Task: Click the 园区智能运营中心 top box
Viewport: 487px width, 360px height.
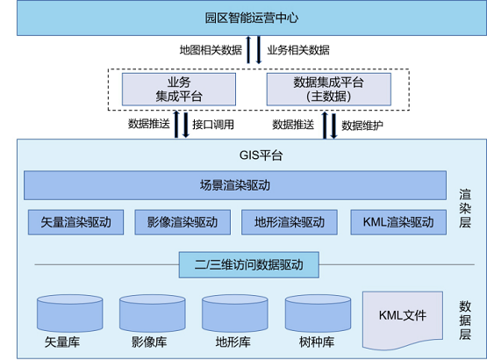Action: (243, 18)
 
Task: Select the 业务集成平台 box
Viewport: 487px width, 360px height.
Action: (178, 88)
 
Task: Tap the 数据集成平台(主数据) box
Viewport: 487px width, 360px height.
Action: (328, 88)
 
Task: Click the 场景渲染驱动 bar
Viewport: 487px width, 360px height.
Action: (234, 185)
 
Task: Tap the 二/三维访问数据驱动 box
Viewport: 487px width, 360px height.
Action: (234, 263)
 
